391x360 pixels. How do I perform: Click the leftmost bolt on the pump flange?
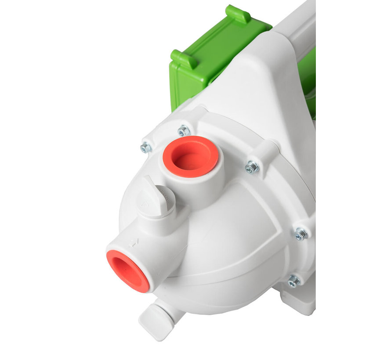click(145, 148)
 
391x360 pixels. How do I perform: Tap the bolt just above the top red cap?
click(184, 130)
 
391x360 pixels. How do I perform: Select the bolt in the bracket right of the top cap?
click(252, 167)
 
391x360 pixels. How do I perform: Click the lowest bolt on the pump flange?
click(293, 281)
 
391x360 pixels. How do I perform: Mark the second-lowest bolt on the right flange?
click(301, 234)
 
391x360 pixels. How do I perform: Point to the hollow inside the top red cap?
click(192, 157)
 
